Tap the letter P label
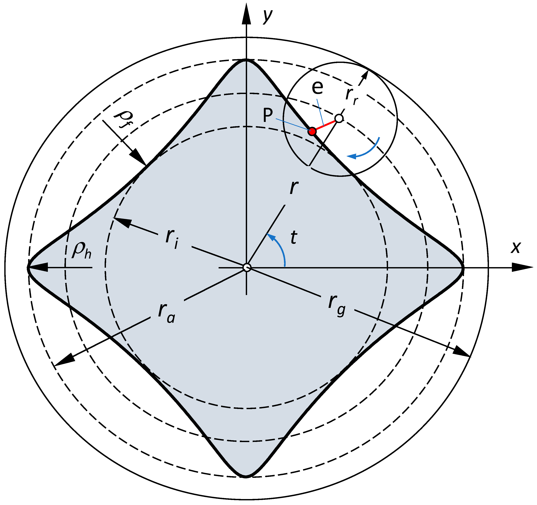(268, 116)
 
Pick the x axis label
(515, 247)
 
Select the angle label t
(294, 238)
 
